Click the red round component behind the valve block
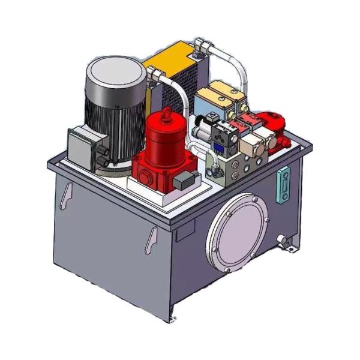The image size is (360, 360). point(270,121)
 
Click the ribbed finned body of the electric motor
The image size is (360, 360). point(108,126)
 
